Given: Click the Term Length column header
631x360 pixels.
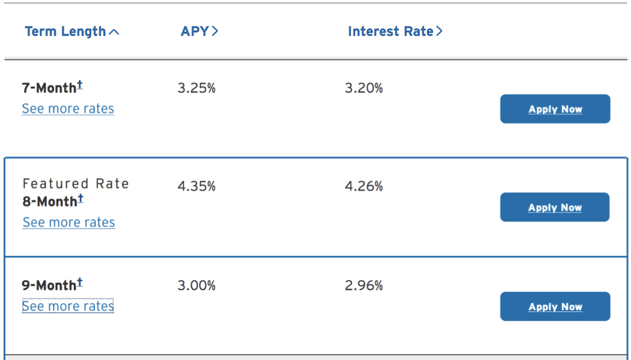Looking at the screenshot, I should click(x=65, y=31).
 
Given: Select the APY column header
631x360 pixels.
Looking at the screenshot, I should click(x=194, y=31).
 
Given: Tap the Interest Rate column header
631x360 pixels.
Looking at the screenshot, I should click(x=390, y=31).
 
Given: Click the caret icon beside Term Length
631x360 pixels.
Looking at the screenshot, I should click(x=114, y=32).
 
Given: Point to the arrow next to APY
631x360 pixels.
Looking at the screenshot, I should click(x=215, y=31).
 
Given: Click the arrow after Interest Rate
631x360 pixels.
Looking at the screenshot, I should click(x=439, y=31).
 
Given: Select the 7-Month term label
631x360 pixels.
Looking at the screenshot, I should click(x=49, y=88).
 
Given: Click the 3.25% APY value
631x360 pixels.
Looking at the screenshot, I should click(x=197, y=88).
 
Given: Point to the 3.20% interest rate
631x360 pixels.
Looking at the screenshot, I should click(x=364, y=88).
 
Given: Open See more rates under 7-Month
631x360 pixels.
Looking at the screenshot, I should click(x=68, y=109).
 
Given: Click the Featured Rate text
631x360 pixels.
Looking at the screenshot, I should click(x=75, y=184).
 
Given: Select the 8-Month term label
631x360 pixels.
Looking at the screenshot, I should click(x=50, y=202).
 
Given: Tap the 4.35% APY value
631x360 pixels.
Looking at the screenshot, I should click(x=197, y=186).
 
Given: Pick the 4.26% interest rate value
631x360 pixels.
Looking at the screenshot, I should click(x=364, y=186).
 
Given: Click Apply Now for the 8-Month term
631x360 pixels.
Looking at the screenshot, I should click(x=555, y=208).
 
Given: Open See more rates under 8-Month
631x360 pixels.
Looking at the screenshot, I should click(x=68, y=223).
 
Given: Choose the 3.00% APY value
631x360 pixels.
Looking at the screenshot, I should click(x=197, y=285).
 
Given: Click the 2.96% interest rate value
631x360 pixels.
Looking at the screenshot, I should click(x=364, y=285).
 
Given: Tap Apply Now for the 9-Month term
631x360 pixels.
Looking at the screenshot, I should click(x=555, y=307).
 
